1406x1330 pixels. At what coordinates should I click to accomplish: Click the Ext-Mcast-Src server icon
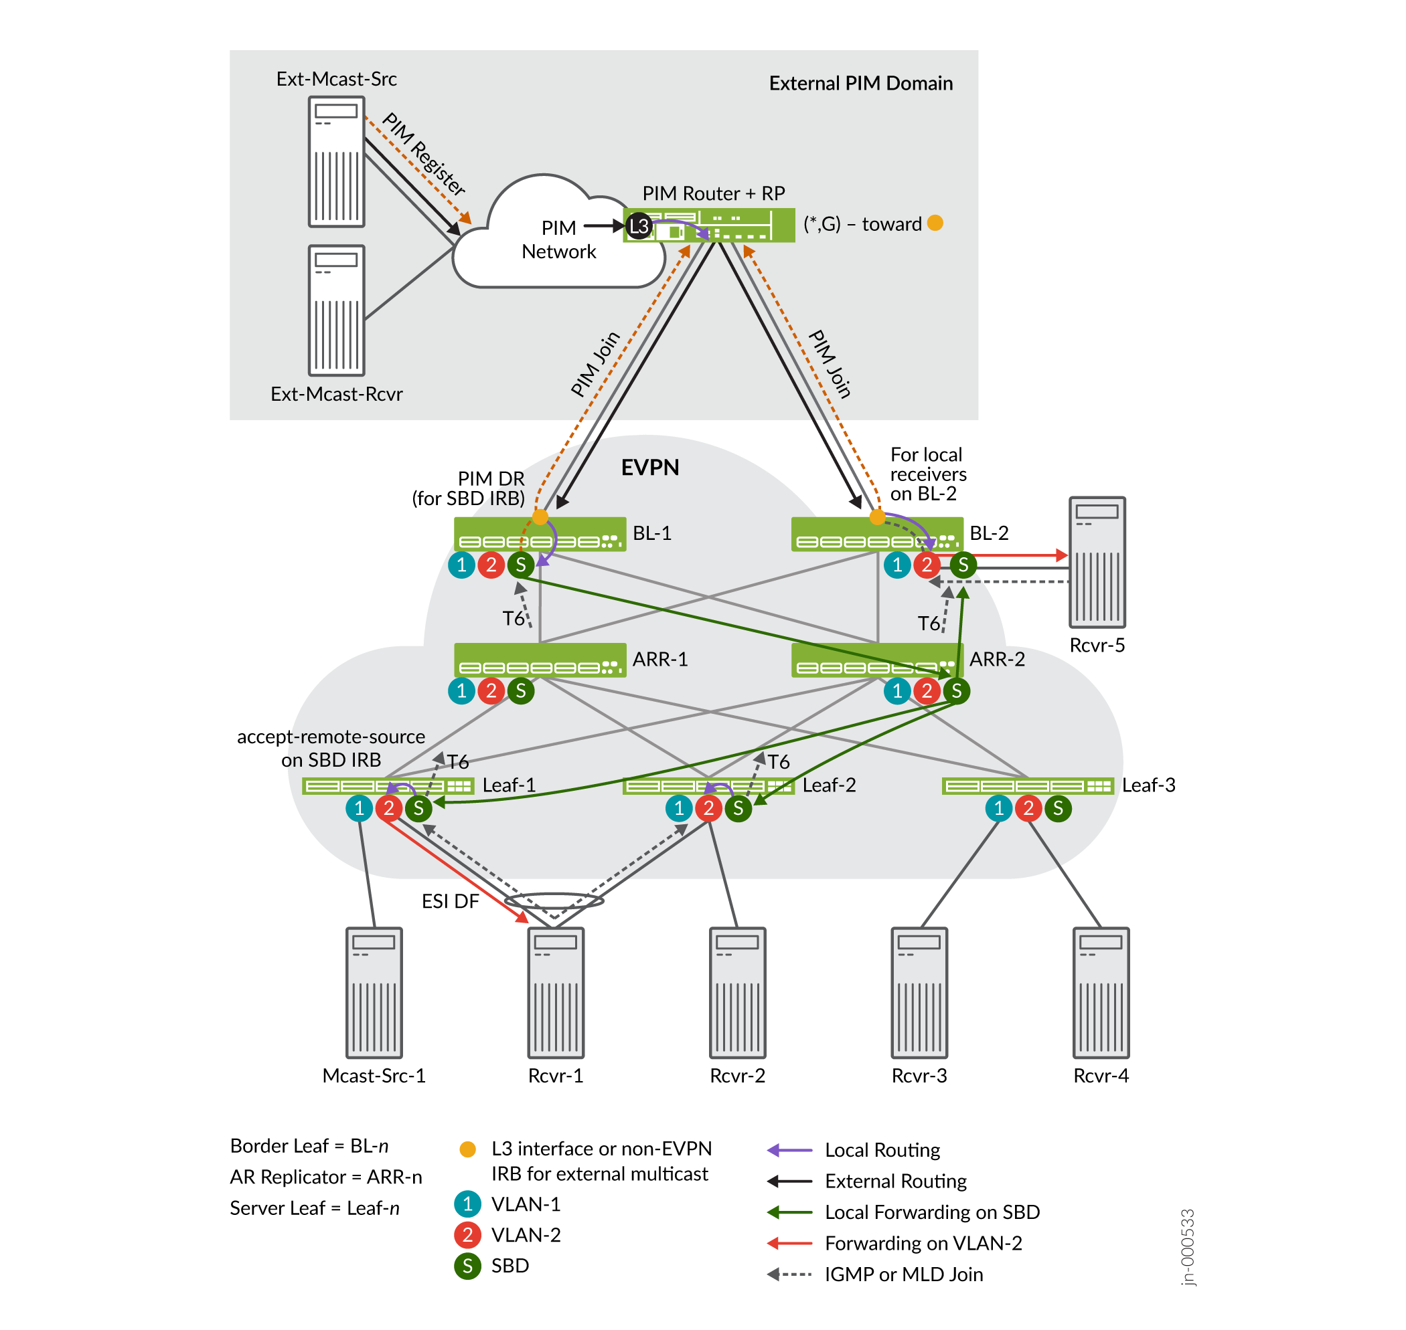pyautogui.click(x=336, y=162)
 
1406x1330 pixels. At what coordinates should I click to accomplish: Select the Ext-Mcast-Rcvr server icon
pyautogui.click(x=336, y=310)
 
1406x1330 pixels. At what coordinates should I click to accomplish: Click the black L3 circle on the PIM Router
pyautogui.click(x=639, y=226)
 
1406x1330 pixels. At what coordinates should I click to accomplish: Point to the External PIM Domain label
pyautogui.click(x=860, y=84)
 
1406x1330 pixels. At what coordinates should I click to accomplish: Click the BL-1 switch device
pyautogui.click(x=539, y=535)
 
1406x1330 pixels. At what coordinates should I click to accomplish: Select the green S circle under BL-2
pyautogui.click(x=963, y=565)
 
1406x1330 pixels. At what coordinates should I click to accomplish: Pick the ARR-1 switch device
pyautogui.click(x=539, y=660)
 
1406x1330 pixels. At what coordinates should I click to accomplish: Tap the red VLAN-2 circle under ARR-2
pyautogui.click(x=927, y=690)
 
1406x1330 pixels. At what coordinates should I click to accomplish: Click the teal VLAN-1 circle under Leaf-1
pyautogui.click(x=359, y=808)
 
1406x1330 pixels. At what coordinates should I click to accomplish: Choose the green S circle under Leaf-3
pyautogui.click(x=1058, y=808)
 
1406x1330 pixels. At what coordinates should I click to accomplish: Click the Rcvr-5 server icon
pyautogui.click(x=1097, y=562)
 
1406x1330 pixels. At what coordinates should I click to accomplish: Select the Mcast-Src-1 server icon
pyautogui.click(x=374, y=993)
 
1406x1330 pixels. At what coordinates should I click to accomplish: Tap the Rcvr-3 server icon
pyautogui.click(x=919, y=993)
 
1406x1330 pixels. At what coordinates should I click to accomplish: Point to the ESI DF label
pyautogui.click(x=450, y=901)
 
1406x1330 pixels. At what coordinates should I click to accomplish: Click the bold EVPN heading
pyautogui.click(x=650, y=468)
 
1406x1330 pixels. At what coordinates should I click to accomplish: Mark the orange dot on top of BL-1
pyautogui.click(x=540, y=518)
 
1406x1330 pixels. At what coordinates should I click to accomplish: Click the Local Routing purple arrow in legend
pyautogui.click(x=789, y=1150)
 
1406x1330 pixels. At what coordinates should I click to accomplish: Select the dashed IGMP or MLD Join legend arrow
pyautogui.click(x=789, y=1274)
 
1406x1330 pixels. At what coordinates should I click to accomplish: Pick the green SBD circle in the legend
pyautogui.click(x=467, y=1266)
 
